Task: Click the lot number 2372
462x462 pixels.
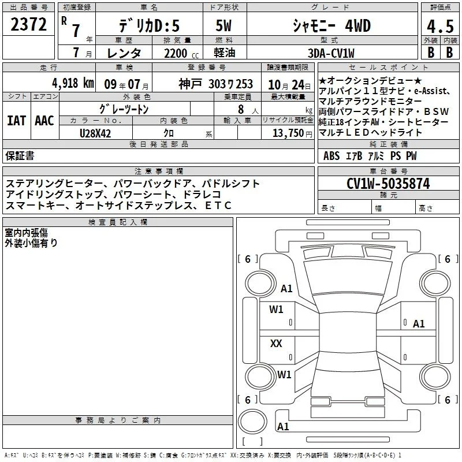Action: pyautogui.click(x=28, y=24)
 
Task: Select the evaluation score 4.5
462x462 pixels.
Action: pyautogui.click(x=440, y=27)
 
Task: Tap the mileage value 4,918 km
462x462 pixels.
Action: pyautogui.click(x=73, y=83)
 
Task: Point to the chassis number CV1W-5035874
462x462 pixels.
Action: pyautogui.click(x=388, y=183)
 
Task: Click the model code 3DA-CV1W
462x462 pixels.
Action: pyautogui.click(x=331, y=53)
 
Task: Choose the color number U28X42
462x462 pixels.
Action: pyautogui.click(x=95, y=133)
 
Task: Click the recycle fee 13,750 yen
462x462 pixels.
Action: pyautogui.click(x=292, y=133)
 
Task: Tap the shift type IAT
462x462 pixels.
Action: pyautogui.click(x=17, y=121)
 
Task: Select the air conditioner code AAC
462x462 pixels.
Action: pyautogui.click(x=44, y=121)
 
